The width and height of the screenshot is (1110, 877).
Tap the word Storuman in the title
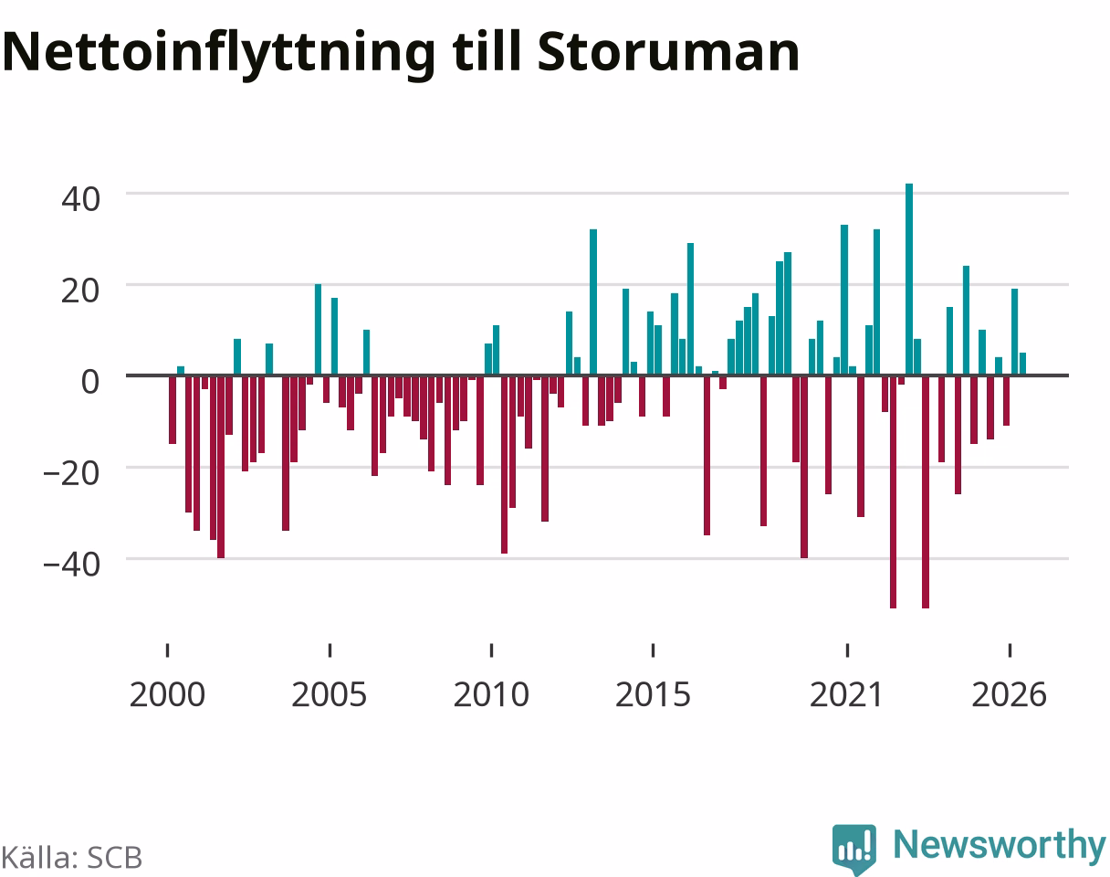point(668,52)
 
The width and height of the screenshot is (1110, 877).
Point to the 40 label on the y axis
point(80,200)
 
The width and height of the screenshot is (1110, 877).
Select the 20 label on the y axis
point(80,291)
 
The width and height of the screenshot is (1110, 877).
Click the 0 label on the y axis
point(90,383)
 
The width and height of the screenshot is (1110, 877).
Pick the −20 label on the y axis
point(71,474)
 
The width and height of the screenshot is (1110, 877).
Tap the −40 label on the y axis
point(71,565)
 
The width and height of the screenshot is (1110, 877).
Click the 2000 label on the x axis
point(167,695)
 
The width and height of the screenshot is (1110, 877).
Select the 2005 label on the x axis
point(330,695)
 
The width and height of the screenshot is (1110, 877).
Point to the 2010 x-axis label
point(491,695)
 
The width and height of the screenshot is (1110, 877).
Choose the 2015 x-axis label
point(653,695)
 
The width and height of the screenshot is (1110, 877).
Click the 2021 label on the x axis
point(847,695)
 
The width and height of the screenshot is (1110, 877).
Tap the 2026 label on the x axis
point(1010,695)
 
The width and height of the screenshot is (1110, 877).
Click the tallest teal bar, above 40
point(909,280)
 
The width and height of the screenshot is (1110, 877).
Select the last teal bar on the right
point(1022,364)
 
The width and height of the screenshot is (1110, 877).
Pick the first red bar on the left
point(173,410)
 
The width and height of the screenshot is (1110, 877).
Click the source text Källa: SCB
point(71,858)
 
